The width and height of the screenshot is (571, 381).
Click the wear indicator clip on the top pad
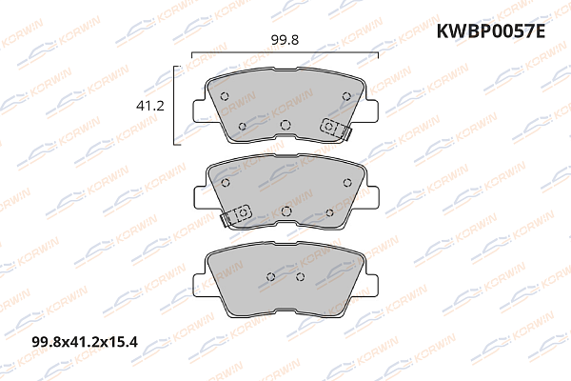(x=333, y=127)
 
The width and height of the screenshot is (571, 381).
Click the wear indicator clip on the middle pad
(x=240, y=213)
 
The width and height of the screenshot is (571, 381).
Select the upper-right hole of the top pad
(x=346, y=93)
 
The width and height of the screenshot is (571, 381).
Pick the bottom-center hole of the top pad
(x=285, y=124)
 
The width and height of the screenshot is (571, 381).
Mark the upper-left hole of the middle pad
(x=225, y=183)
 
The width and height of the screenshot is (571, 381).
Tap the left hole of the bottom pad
(x=269, y=277)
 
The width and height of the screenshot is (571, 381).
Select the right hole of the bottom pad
(x=300, y=276)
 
